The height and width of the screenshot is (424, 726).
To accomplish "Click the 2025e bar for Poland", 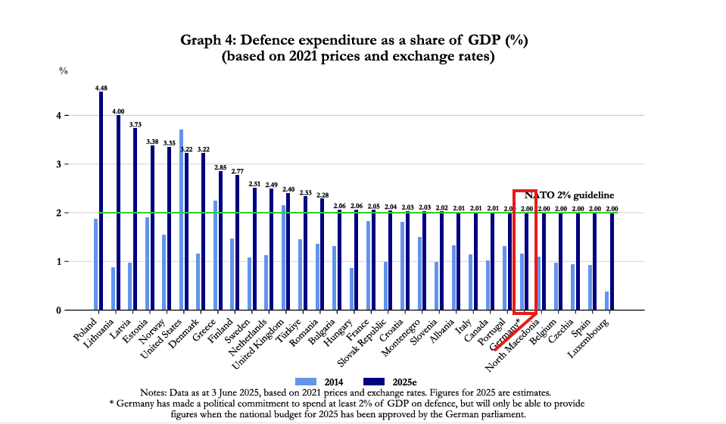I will [101, 201].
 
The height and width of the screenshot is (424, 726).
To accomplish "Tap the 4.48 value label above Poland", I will [101, 88].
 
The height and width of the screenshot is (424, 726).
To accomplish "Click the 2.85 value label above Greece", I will [220, 167].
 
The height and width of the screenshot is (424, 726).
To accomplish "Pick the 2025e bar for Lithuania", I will [118, 213].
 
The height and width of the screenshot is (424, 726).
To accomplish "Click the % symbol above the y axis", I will [64, 70].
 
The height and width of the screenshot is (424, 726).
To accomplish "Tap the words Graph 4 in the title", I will [207, 39].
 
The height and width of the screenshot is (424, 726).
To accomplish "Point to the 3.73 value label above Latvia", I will [135, 124].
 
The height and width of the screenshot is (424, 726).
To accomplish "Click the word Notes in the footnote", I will [156, 392].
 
